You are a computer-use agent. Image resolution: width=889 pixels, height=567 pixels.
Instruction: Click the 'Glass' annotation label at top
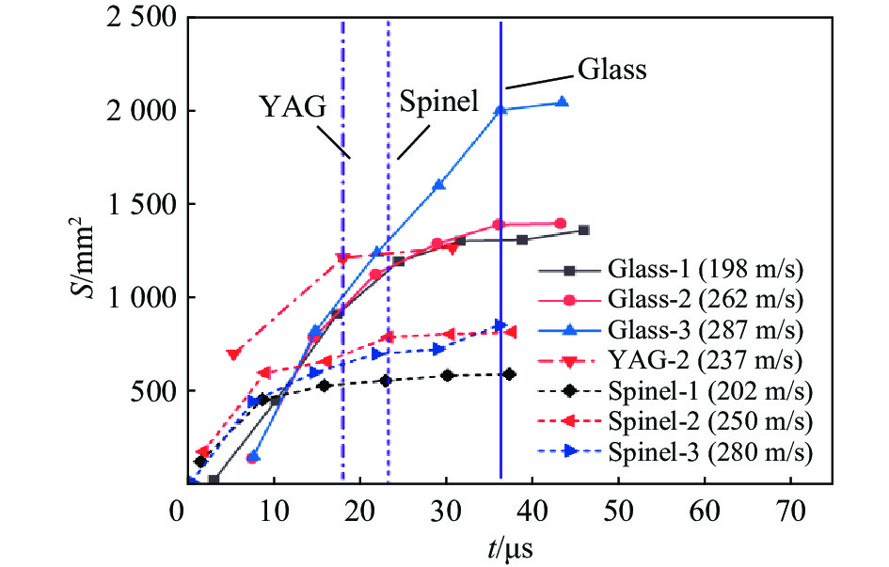click(x=611, y=70)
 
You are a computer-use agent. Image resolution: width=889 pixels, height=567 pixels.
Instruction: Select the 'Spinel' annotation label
click(x=434, y=101)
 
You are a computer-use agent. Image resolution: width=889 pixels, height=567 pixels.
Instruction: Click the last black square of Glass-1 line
click(x=584, y=230)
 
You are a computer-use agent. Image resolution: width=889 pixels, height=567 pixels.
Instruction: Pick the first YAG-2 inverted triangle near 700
click(x=233, y=354)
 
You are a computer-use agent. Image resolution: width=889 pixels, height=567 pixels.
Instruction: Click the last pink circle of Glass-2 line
click(x=561, y=223)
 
